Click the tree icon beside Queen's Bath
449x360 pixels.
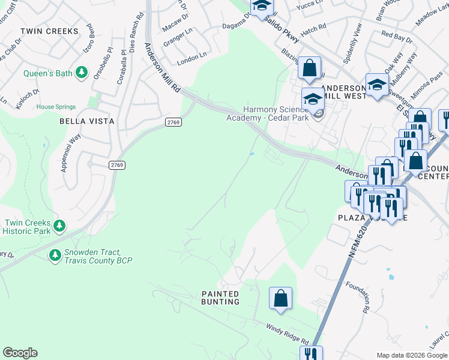tap(82, 73)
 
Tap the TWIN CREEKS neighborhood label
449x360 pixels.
tap(49, 31)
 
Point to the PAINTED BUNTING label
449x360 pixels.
tap(220, 298)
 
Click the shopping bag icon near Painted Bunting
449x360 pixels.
tap(280, 298)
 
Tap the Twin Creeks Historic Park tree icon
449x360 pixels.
tap(59, 226)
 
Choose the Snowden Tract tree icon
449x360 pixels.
tap(55, 256)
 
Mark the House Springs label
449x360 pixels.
tap(56, 107)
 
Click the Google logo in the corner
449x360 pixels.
tap(20, 353)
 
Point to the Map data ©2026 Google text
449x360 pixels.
tap(412, 355)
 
